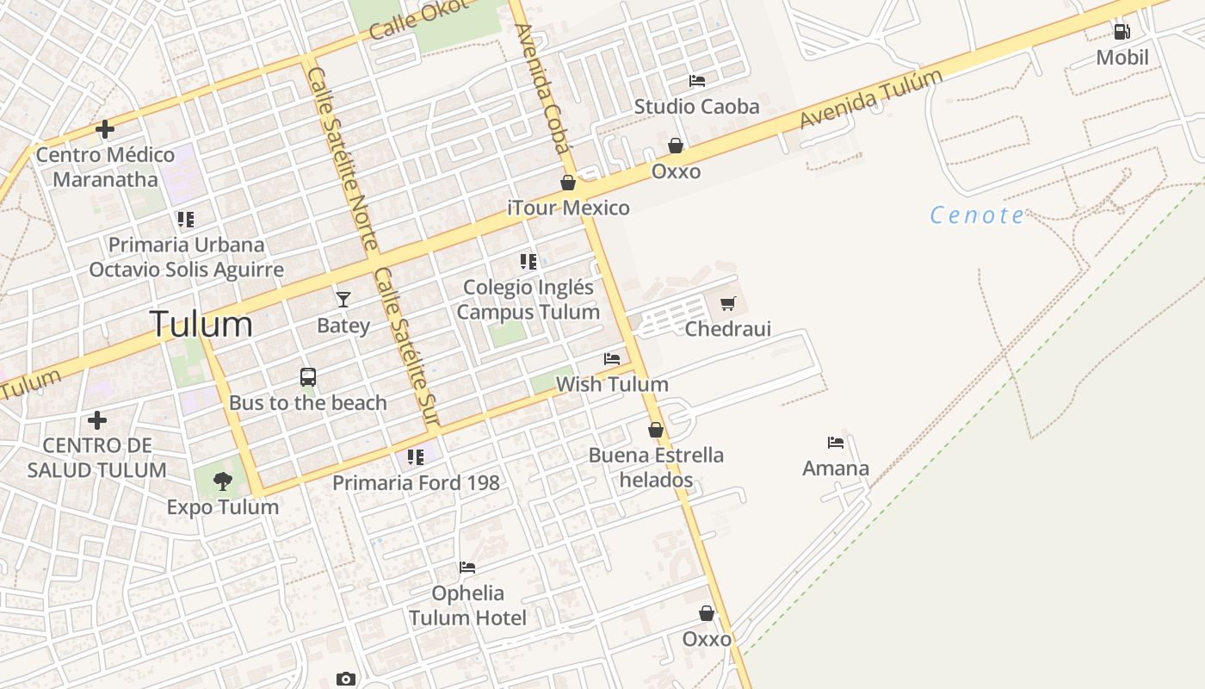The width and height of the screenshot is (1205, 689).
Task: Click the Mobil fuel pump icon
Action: (x=1122, y=32)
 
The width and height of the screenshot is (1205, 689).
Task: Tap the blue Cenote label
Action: (x=978, y=214)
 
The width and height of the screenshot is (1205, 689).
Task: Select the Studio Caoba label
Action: (x=696, y=106)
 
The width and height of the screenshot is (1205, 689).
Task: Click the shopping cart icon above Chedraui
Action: (x=728, y=303)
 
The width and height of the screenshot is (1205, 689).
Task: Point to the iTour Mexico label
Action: (x=568, y=208)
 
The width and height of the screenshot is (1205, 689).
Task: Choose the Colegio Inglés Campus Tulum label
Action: (x=528, y=299)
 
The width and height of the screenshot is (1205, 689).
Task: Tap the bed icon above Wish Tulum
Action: (x=612, y=358)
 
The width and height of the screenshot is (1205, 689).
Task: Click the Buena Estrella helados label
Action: (x=656, y=467)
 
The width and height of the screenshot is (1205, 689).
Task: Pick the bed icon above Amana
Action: (x=836, y=443)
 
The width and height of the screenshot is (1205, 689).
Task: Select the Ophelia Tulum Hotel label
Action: (x=467, y=605)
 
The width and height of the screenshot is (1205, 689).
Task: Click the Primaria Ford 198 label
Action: (x=416, y=482)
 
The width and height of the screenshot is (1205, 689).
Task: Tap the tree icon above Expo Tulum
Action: (x=223, y=481)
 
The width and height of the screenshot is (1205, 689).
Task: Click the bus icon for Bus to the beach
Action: (x=308, y=377)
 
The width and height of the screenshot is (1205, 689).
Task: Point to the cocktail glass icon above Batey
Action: (x=343, y=300)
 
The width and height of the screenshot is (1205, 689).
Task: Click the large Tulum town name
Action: (x=201, y=324)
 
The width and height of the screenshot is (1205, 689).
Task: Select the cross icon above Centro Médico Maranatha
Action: (x=105, y=129)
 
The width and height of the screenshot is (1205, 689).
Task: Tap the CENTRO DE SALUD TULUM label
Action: (x=96, y=457)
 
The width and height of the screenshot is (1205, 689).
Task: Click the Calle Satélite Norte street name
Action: (x=341, y=158)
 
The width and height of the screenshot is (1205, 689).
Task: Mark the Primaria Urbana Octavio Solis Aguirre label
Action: (x=186, y=257)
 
